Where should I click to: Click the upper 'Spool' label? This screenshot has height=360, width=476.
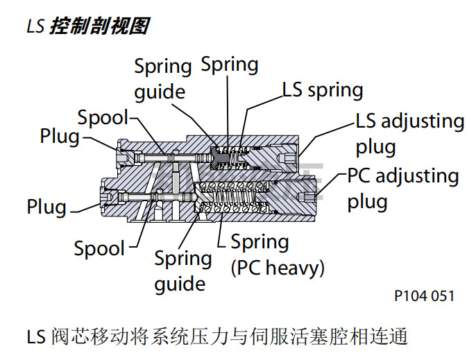point(103,117)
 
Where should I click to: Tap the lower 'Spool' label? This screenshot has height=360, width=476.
point(99,248)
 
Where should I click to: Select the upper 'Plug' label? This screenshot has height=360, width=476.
point(60,136)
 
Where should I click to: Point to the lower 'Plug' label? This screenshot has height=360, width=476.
point(46,207)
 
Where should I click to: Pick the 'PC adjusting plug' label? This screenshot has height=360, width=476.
point(402,188)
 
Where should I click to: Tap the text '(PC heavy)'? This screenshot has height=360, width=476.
point(278,267)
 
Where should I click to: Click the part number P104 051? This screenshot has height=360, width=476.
point(424,296)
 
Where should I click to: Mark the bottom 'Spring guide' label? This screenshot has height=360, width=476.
point(182,271)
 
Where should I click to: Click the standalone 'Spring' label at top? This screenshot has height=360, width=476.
point(230,65)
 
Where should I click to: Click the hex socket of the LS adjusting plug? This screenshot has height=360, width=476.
point(287,160)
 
